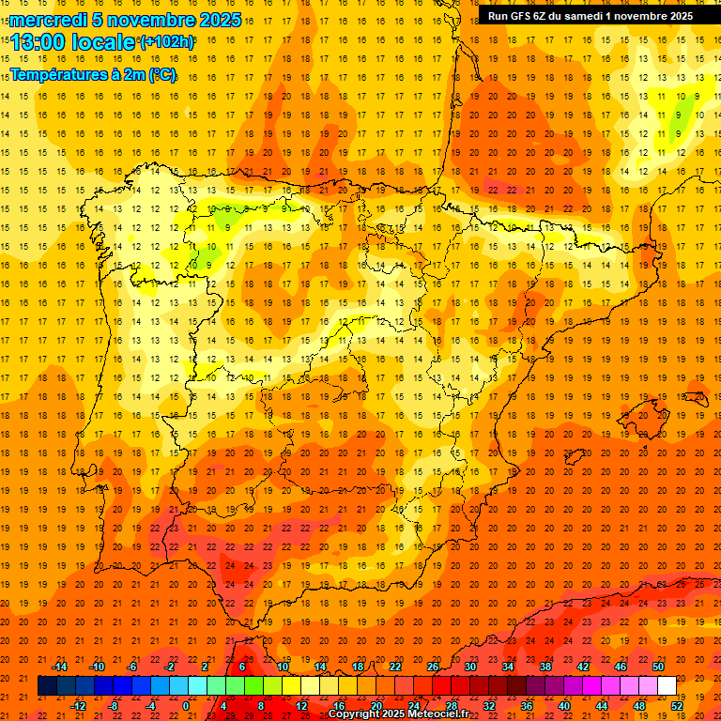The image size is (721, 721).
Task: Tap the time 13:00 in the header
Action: (x=38, y=42)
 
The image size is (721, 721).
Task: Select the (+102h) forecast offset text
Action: (x=166, y=42)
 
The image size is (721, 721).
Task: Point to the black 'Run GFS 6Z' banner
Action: (x=590, y=15)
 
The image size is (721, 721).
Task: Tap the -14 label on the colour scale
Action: (x=61, y=667)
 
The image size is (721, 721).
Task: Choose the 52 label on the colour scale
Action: (x=678, y=706)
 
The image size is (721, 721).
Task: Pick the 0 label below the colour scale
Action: (x=186, y=706)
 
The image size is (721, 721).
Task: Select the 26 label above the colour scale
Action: (x=433, y=667)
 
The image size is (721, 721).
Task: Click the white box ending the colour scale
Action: (x=667, y=686)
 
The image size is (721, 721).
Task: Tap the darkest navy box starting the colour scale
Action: (x=47, y=686)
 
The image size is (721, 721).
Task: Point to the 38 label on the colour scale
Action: (x=545, y=667)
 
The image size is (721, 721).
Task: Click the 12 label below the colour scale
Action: (x=301, y=706)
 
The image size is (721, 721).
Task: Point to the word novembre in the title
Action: (x=145, y=20)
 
